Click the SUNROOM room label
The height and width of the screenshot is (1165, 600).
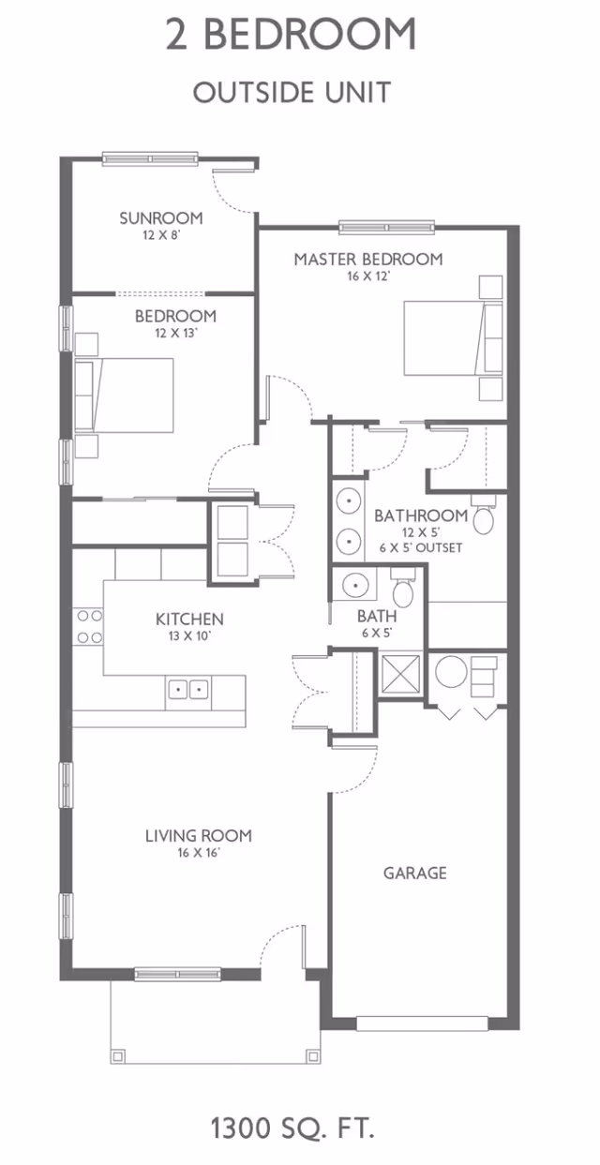(x=161, y=218)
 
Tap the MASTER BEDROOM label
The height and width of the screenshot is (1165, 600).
(x=368, y=259)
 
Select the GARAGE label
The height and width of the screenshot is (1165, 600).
(x=414, y=873)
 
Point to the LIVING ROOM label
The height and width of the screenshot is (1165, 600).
(x=198, y=836)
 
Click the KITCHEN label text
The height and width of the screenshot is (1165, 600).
(x=189, y=619)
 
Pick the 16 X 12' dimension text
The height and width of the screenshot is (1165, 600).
(x=368, y=276)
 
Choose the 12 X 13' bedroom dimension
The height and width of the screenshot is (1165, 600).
(x=176, y=333)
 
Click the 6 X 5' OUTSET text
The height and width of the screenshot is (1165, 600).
(x=420, y=547)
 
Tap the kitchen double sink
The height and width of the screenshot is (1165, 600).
(x=187, y=690)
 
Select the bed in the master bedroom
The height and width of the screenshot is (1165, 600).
(x=453, y=338)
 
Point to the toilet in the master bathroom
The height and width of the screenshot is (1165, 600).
(x=484, y=515)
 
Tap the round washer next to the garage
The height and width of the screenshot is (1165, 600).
(x=451, y=672)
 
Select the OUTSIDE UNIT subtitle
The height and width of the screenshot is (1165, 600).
(x=292, y=93)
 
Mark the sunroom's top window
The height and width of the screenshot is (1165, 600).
(x=150, y=158)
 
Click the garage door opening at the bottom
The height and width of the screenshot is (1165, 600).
(x=422, y=1023)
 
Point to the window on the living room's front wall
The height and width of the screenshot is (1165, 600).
(x=177, y=974)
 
